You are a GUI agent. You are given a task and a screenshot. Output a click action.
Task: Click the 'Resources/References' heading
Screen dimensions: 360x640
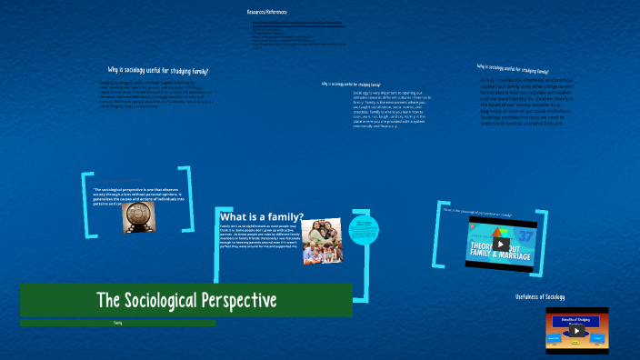(x=266, y=12)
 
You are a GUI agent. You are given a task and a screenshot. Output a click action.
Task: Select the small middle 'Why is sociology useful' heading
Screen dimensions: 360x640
(x=351, y=84)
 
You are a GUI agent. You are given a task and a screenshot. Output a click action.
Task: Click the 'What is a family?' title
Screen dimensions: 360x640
(x=262, y=217)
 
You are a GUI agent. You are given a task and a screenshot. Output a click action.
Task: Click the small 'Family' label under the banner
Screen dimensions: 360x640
(x=118, y=323)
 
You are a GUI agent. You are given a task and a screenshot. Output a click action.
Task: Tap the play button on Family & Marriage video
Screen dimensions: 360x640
(x=501, y=244)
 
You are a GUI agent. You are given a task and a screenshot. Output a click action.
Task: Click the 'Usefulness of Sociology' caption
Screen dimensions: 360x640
(x=539, y=297)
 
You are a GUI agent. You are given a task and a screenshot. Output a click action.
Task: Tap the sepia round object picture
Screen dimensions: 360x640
(x=139, y=217)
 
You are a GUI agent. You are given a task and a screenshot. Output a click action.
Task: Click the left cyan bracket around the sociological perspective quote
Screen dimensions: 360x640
(x=86, y=205)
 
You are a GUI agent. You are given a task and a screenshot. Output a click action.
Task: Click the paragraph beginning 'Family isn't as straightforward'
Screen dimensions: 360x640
(x=258, y=238)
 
